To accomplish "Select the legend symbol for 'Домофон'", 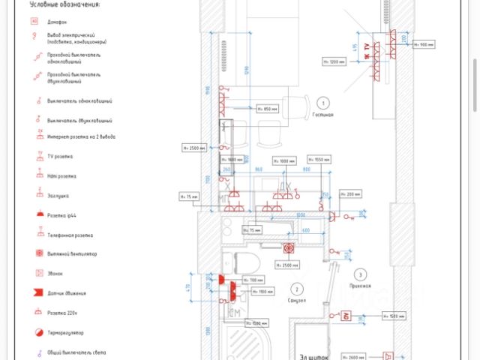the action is click(34, 22).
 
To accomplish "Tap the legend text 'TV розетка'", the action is click(61, 157).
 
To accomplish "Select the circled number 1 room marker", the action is click(322, 102).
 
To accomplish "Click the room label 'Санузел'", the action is click(297, 302).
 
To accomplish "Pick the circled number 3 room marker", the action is click(360, 274).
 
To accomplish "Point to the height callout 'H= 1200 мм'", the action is click(334, 61).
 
